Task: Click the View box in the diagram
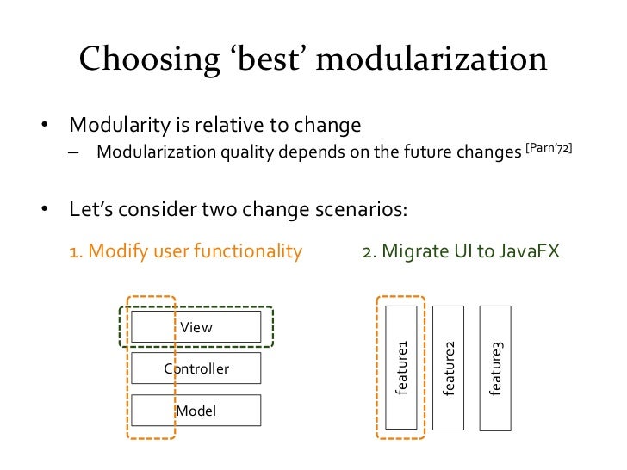click(196, 327)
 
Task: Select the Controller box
click(196, 368)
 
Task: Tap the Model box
click(196, 411)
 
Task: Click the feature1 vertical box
click(401, 367)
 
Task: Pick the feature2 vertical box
click(449, 367)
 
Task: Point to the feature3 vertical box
click(496, 367)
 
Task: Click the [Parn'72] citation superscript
click(549, 149)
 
